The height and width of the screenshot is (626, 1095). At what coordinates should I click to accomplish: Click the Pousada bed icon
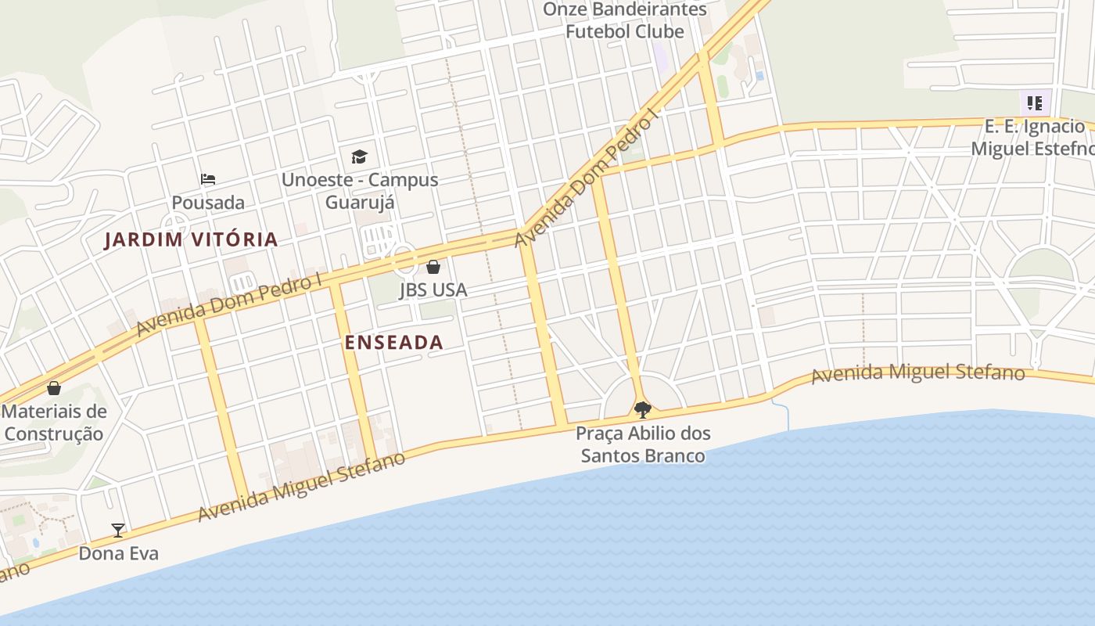(x=207, y=179)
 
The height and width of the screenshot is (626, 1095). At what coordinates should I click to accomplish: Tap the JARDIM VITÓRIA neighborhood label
(x=192, y=239)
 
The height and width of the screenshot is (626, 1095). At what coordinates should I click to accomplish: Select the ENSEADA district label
(x=393, y=342)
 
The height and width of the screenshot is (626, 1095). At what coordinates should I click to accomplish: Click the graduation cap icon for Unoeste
(x=359, y=156)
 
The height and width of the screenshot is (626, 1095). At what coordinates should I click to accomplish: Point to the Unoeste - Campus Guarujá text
(x=360, y=191)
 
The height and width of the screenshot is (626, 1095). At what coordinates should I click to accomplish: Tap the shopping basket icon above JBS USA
(x=433, y=267)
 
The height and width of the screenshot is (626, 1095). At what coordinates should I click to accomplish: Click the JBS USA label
(x=433, y=290)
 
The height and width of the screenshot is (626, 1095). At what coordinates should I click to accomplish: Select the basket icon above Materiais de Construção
(x=54, y=388)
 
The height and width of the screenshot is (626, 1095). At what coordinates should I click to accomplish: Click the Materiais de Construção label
(x=54, y=423)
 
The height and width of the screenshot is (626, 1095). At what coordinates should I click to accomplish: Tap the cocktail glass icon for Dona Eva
(x=118, y=531)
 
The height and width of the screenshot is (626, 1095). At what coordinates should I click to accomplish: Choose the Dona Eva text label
(x=118, y=553)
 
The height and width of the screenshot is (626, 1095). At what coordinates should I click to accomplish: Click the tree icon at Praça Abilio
(x=642, y=409)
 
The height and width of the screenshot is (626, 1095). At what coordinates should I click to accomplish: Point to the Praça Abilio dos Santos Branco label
(x=643, y=444)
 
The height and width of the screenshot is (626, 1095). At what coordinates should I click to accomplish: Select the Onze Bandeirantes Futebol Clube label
(x=624, y=20)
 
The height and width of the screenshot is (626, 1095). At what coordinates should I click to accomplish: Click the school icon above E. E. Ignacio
(x=1035, y=103)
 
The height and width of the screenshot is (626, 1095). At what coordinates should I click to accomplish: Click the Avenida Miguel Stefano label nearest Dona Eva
(x=301, y=487)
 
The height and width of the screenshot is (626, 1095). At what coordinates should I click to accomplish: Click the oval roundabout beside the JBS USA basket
(x=404, y=258)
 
